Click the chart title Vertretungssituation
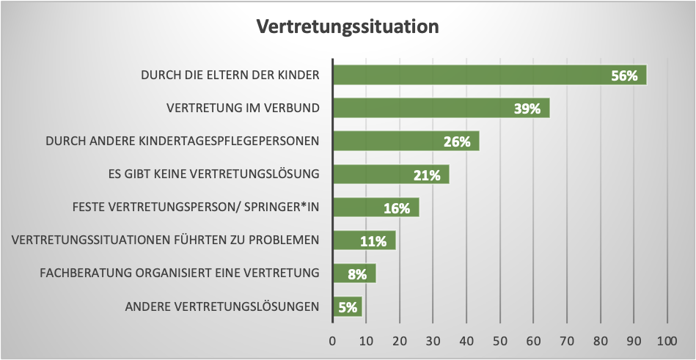(347, 27)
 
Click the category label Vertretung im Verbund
(243, 109)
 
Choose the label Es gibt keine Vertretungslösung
(213, 175)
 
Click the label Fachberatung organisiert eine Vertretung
(179, 273)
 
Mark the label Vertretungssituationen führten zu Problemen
(166, 240)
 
